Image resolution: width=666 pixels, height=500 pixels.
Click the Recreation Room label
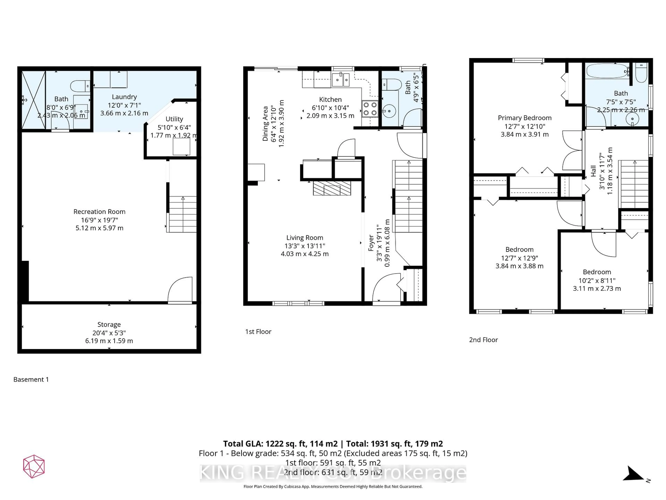[x=99, y=212]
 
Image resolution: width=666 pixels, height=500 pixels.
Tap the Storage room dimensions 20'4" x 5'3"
[x=109, y=333]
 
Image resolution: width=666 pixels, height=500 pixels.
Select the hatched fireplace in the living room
[x=332, y=188]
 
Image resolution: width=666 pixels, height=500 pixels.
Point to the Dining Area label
[x=265, y=124]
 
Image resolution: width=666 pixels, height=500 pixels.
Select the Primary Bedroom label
[x=524, y=118]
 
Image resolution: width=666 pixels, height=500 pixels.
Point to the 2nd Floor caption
[x=483, y=340]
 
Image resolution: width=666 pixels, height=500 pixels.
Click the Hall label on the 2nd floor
[x=593, y=171]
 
